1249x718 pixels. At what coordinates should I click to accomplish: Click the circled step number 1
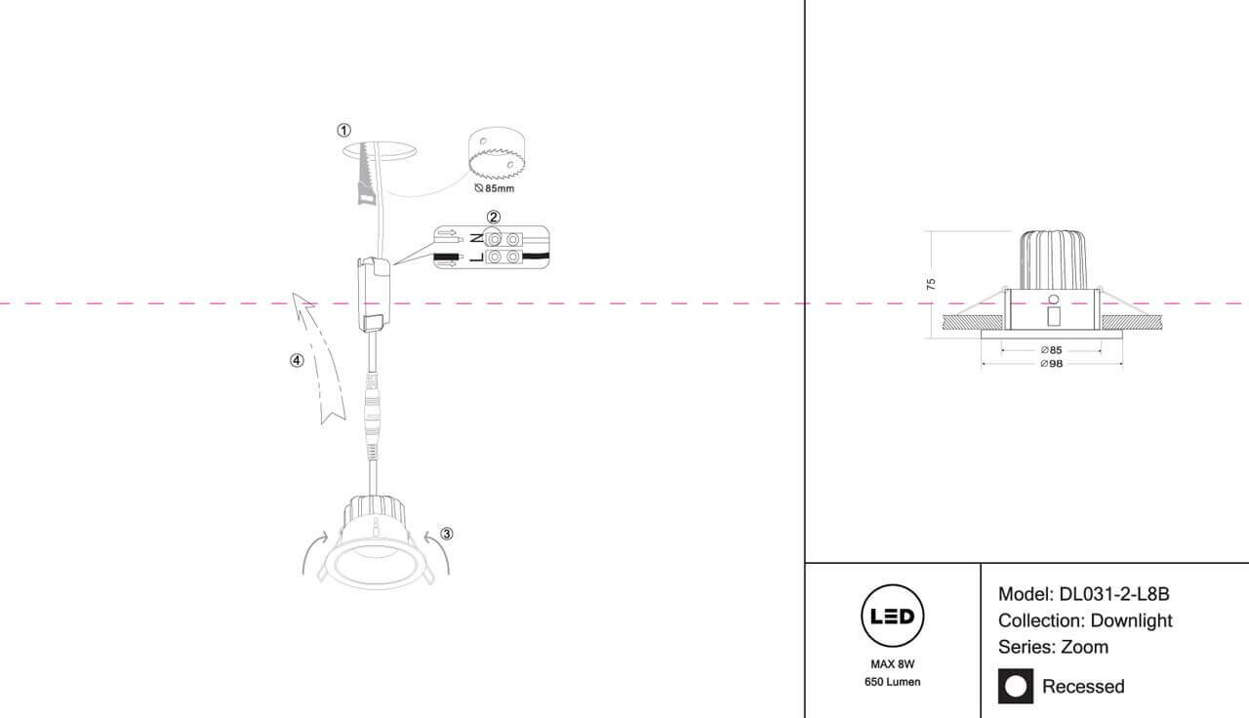[x=343, y=130]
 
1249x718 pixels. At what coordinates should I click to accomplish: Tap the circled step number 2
[x=494, y=217]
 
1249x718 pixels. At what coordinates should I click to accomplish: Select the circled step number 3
[x=447, y=534]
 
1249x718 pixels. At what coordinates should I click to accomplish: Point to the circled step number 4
[x=297, y=360]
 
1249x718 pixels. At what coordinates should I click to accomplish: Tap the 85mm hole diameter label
[x=494, y=187]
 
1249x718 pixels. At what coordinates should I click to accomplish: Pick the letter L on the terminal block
[x=475, y=258]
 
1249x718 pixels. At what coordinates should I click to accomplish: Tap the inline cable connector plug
[x=371, y=409]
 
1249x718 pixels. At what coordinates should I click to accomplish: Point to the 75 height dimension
[x=931, y=284]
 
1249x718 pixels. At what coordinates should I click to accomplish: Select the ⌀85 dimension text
[x=1051, y=349]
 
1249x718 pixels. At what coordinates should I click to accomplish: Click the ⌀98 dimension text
[x=1051, y=364]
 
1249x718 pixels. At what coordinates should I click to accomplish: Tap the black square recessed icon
[x=1015, y=686]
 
